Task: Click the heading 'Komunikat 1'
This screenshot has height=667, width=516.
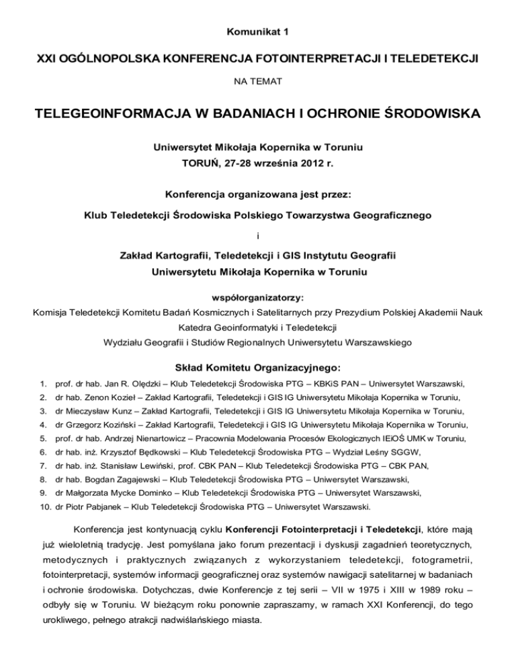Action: pyautogui.click(x=257, y=31)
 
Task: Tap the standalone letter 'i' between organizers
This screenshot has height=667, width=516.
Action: pyautogui.click(x=257, y=236)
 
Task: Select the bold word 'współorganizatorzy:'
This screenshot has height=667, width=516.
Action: pyautogui.click(x=257, y=295)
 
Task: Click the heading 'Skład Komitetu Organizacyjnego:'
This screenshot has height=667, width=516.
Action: pyautogui.click(x=257, y=368)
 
